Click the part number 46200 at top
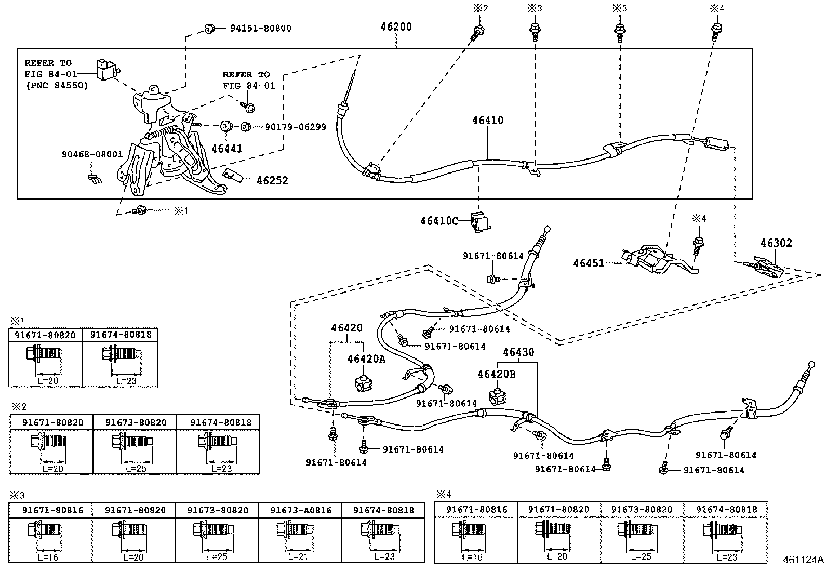tap(395, 26)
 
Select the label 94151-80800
tap(261, 28)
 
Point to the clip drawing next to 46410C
tap(481, 220)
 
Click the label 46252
tap(272, 181)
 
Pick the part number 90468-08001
tap(92, 154)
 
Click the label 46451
tap(589, 263)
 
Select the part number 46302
tap(777, 243)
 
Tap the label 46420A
tap(366, 359)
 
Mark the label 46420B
tap(497, 374)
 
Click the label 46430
tap(518, 352)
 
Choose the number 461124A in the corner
tap(803, 560)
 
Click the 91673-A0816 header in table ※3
tap(301, 510)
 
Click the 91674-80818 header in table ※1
tap(121, 335)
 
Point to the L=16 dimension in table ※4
tap(472, 556)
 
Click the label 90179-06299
tap(296, 127)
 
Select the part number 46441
tap(227, 149)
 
